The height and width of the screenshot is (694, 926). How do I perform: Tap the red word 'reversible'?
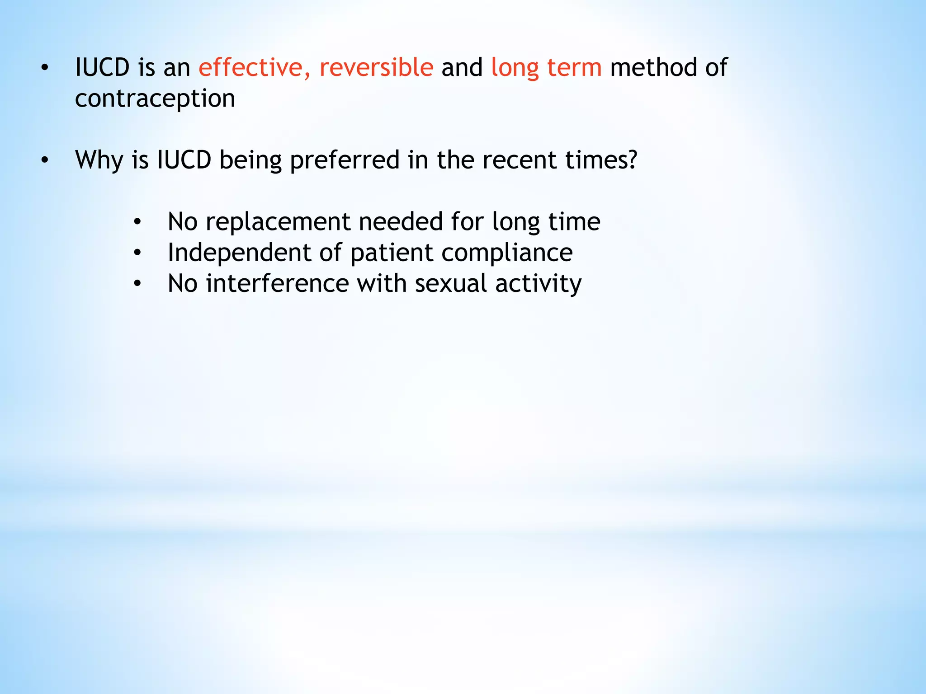coord(376,68)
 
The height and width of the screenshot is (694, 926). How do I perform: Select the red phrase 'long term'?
coord(546,68)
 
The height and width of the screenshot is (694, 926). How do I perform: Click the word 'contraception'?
coord(155,98)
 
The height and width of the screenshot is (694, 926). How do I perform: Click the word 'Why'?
coord(99,160)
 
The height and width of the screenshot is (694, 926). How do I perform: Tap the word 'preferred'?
coord(345,160)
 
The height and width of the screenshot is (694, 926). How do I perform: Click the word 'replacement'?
coord(278,222)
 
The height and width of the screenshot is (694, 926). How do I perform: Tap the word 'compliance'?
coord(507,253)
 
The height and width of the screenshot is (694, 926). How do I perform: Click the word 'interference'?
coord(277,283)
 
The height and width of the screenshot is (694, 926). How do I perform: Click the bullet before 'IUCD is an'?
coord(44,68)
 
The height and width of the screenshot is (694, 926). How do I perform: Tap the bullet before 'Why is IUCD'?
coord(44,160)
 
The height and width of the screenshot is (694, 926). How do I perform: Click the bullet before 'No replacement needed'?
coord(137,222)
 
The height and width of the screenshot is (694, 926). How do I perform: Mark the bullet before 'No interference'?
coord(137,284)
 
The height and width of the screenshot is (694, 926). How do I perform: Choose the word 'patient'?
coord(392,253)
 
